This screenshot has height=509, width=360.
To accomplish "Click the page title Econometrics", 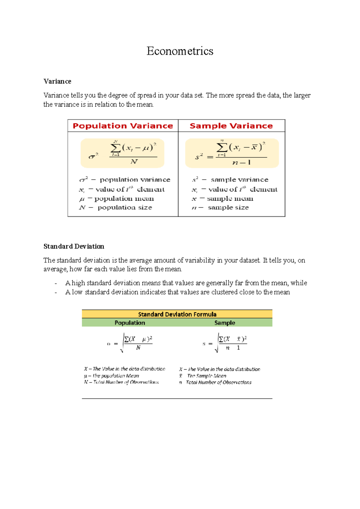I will tap(180, 51).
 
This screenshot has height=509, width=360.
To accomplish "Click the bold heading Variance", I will tap(57, 82).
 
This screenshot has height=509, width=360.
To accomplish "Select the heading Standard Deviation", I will tap(74, 246).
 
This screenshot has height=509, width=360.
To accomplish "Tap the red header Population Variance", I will tap(123, 126).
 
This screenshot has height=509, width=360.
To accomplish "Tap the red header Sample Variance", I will tap(231, 126).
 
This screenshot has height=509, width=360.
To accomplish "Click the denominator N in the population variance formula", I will tap(134, 162).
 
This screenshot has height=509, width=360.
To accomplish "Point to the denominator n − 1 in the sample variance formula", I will tap(241, 162).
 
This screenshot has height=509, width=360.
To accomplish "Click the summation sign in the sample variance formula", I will tap(221, 147).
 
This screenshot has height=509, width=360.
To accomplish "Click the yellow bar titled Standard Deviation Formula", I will tap(177, 314).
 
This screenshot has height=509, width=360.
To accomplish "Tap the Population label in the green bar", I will tap(130, 323).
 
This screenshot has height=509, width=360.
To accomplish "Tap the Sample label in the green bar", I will tap(224, 323).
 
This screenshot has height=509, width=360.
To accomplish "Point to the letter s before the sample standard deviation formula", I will tap(204, 344).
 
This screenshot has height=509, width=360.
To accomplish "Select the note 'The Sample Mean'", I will tap(206, 376).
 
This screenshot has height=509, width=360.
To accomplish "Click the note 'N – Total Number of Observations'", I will tap(121, 382).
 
